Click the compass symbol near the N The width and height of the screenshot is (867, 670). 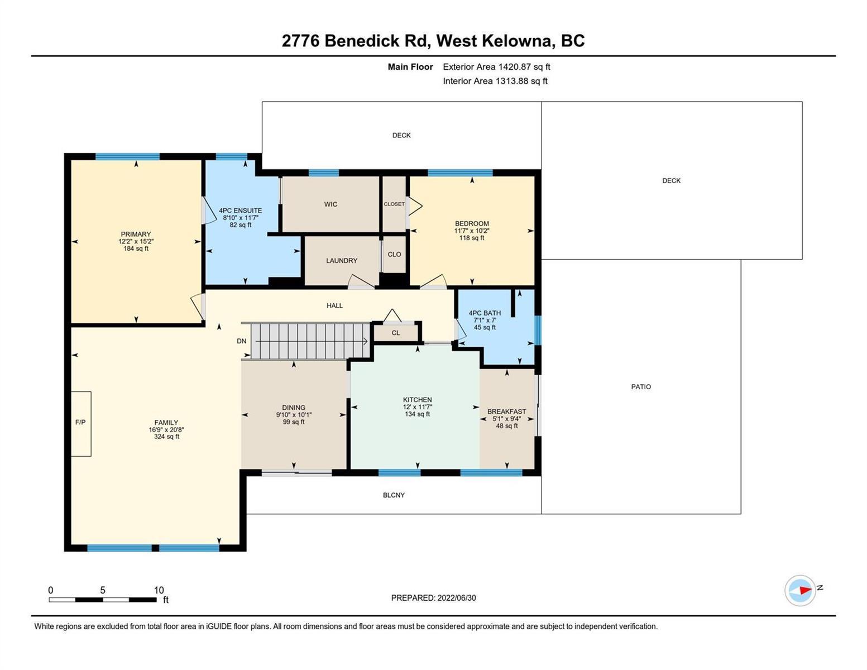click(x=799, y=590)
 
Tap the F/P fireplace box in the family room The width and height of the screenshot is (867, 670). click(x=81, y=423)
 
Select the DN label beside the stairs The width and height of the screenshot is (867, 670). click(x=241, y=341)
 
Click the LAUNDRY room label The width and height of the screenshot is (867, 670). click(x=342, y=261)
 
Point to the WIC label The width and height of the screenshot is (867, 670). click(x=330, y=204)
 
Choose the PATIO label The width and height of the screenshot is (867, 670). click(x=641, y=387)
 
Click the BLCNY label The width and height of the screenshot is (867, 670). click(x=394, y=495)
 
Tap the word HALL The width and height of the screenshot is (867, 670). click(x=335, y=305)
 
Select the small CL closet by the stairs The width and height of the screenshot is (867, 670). click(x=396, y=333)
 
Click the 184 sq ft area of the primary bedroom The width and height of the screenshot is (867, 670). click(x=136, y=248)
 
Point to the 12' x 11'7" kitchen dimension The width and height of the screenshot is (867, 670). click(x=418, y=407)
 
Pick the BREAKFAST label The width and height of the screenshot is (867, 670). click(x=507, y=411)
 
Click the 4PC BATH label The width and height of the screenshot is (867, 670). click(x=485, y=313)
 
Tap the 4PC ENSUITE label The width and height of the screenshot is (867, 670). click(x=241, y=210)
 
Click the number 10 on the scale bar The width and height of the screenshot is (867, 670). click(x=159, y=590)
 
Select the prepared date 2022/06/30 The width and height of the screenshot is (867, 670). click(x=457, y=598)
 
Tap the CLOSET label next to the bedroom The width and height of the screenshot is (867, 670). click(x=394, y=204)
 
